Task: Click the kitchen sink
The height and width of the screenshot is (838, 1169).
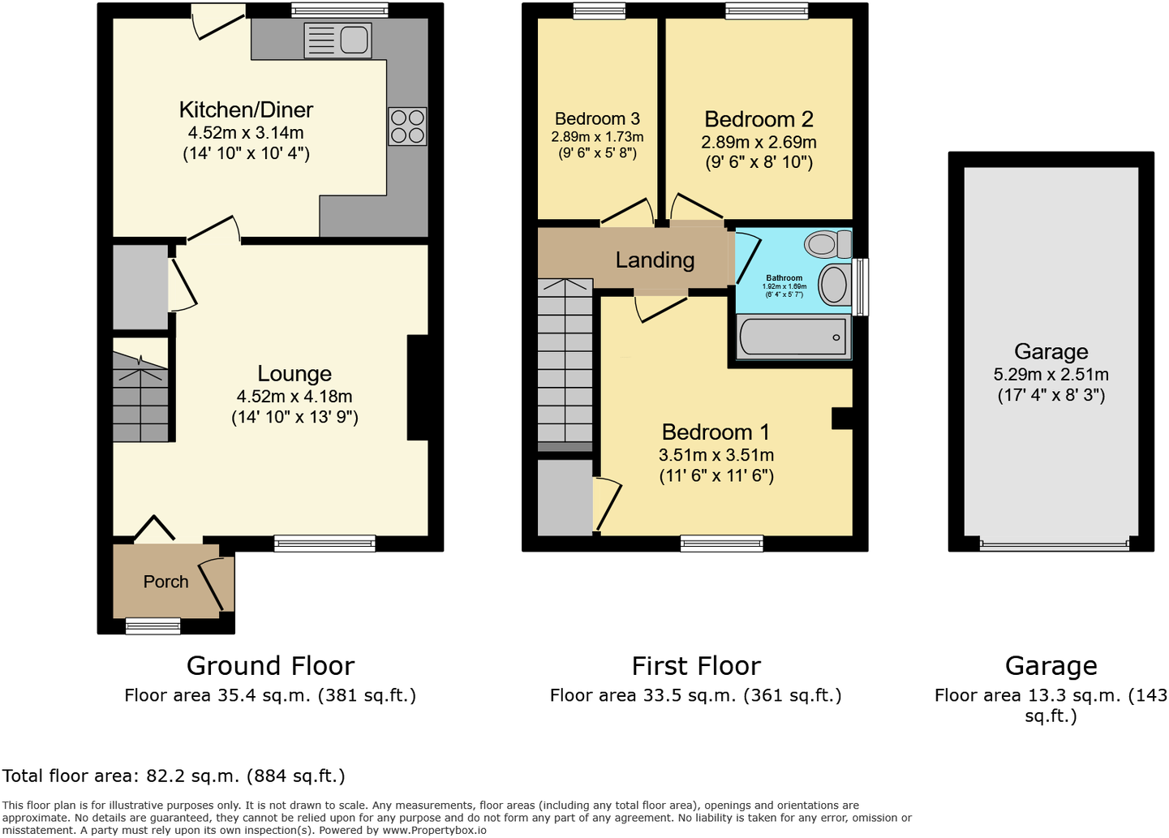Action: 338,40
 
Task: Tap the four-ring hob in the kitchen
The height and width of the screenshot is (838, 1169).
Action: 407,126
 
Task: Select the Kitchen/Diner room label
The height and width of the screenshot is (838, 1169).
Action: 246,110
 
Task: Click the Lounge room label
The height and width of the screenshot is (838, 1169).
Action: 294,373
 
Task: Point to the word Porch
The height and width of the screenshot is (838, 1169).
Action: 165,582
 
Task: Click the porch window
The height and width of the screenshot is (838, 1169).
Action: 153,625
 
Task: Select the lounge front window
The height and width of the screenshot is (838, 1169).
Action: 324,544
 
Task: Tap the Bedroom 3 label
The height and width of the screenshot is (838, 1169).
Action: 597,118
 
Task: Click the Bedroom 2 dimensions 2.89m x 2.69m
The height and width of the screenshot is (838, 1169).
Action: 759,142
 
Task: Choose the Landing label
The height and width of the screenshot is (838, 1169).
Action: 655,260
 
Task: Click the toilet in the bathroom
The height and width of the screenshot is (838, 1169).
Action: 827,243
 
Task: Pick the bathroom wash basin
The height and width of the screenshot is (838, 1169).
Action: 834,285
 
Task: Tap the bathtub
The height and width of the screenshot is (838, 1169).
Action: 793,337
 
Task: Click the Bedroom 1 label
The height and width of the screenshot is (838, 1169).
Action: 716,432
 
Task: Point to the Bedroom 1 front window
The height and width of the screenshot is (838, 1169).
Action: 721,544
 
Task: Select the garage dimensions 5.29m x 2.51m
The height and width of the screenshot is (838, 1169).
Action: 1051,375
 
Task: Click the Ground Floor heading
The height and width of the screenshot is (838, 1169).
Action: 270,665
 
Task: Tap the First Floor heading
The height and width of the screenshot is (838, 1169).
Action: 696,665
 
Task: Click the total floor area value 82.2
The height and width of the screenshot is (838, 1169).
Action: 165,776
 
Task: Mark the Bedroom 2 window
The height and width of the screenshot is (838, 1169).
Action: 767,11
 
